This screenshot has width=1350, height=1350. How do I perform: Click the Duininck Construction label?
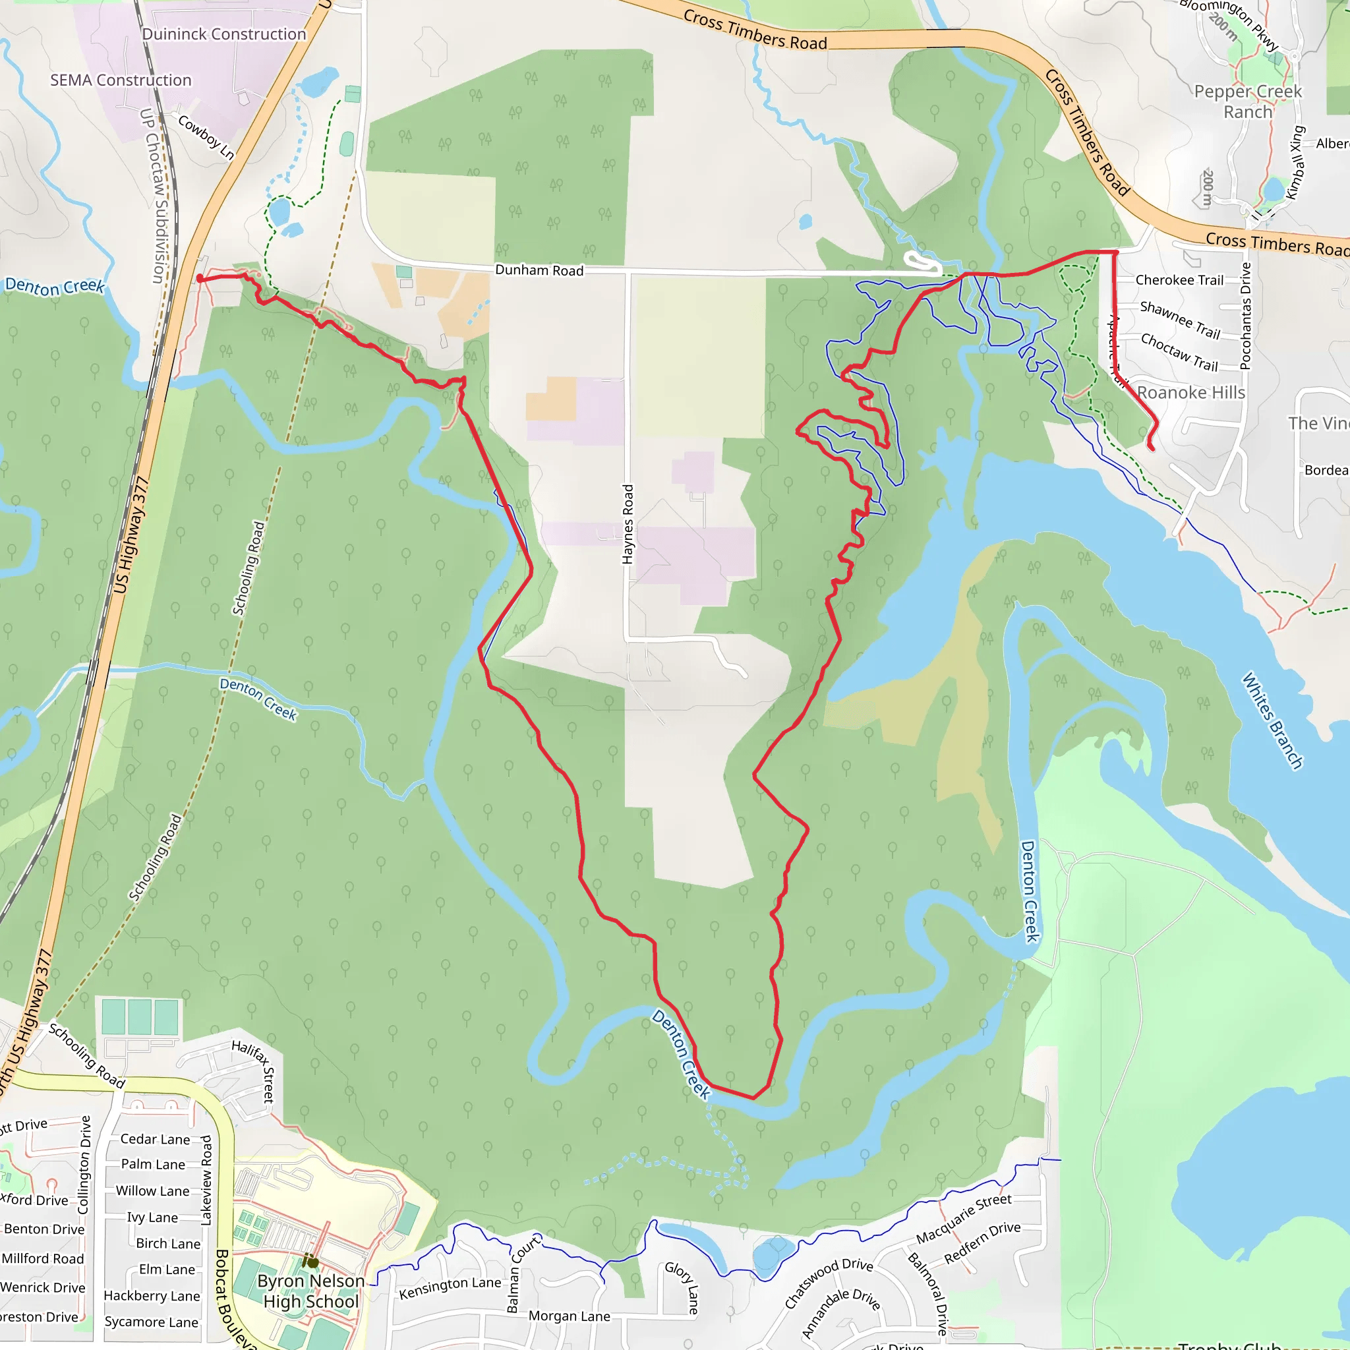coord(223,34)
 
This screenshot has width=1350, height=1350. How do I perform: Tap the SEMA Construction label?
coord(120,80)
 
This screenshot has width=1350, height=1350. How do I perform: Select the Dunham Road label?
coord(539,270)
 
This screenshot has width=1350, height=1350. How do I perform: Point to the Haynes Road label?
coord(628,524)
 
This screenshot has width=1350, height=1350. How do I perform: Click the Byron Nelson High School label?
coord(311,1291)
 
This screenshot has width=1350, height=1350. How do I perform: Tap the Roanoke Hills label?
coord(1190,393)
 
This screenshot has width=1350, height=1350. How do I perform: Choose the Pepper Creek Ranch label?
coord(1247,102)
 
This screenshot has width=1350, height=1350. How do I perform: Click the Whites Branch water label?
coord(1272,720)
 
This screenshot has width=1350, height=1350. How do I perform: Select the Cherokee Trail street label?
coord(1179,280)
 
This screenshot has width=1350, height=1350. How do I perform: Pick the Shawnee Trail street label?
coord(1179,319)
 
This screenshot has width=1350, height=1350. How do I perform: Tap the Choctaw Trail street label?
coord(1179,351)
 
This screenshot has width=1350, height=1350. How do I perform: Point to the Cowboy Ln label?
coord(206,137)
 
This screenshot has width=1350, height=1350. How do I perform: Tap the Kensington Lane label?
coord(450,1288)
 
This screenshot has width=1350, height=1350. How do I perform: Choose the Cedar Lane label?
coord(154,1139)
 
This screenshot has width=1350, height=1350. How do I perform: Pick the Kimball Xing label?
coord(1295,163)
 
